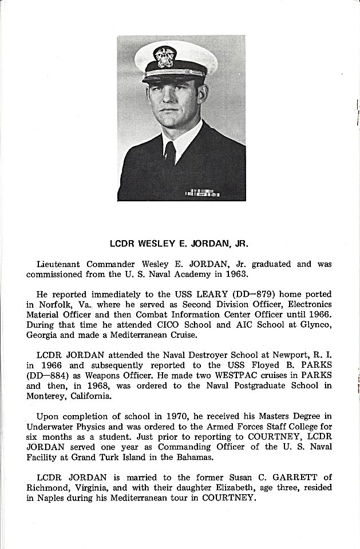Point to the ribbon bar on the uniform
202,193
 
